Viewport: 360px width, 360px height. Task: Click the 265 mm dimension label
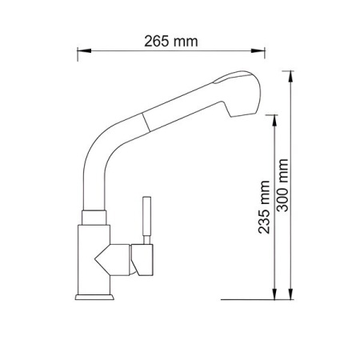coord(171,42)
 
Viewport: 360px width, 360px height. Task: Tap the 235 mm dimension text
coord(264,207)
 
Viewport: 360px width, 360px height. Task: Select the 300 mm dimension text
coord(282,186)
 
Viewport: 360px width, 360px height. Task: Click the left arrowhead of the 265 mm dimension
coord(84,50)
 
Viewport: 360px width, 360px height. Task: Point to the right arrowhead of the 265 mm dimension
coord(258,50)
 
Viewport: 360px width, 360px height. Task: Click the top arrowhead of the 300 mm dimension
coord(290,78)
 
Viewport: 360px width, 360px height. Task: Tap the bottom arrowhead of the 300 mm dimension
coord(290,292)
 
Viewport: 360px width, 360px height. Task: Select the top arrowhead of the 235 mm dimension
coord(274,122)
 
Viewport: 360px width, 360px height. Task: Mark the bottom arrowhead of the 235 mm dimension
coord(274,292)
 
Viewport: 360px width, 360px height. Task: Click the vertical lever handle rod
coord(146,220)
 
